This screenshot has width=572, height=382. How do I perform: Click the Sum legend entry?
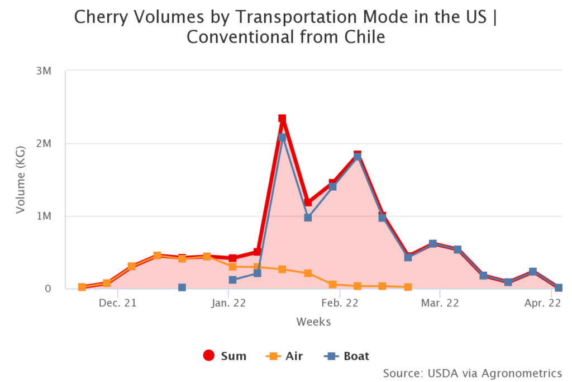pyautogui.click(x=225, y=356)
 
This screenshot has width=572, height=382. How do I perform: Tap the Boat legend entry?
pyautogui.click(x=346, y=356)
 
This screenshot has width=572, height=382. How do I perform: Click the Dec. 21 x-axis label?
pyautogui.click(x=118, y=304)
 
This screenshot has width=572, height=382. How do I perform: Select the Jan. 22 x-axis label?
pyautogui.click(x=228, y=304)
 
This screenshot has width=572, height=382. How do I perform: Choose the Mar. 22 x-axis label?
pyautogui.click(x=440, y=304)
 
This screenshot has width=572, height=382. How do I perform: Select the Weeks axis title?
pyautogui.click(x=313, y=322)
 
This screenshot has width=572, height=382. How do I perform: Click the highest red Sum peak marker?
pyautogui.click(x=282, y=119)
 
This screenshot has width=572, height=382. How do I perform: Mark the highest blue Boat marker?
pyautogui.click(x=282, y=138)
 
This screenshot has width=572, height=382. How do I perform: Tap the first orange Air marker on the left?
pyautogui.click(x=82, y=287)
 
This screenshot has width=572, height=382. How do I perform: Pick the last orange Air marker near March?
pyautogui.click(x=408, y=287)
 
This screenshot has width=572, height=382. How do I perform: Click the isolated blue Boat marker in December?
pyautogui.click(x=182, y=287)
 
